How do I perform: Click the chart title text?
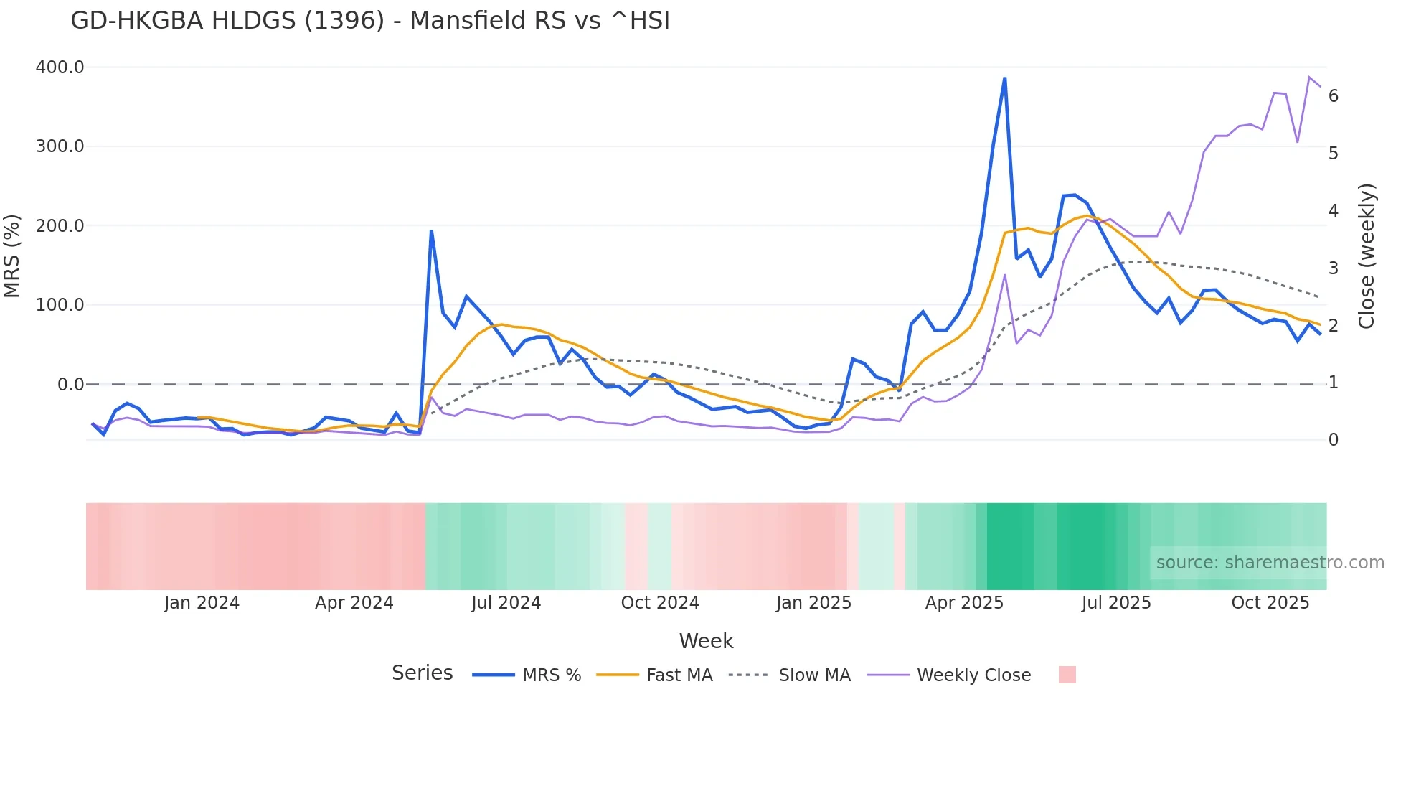[x=370, y=21]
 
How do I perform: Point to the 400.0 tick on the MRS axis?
[x=60, y=67]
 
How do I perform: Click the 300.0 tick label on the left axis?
[x=60, y=146]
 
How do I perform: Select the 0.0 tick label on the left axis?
[x=70, y=385]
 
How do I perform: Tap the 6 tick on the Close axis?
[x=1334, y=96]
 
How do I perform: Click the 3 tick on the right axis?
[x=1334, y=268]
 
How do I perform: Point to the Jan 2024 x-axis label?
[x=202, y=603]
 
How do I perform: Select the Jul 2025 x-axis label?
[x=1116, y=603]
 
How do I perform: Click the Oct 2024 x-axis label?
[x=660, y=603]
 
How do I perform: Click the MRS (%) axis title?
[x=12, y=256]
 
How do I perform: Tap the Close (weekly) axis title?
[x=1367, y=256]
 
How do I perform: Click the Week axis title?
[x=706, y=641]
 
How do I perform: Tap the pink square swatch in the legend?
[x=1067, y=675]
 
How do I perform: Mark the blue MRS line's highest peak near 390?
[x=1004, y=78]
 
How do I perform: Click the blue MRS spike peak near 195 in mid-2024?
[x=431, y=230]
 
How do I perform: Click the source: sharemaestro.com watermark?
[x=1270, y=563]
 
